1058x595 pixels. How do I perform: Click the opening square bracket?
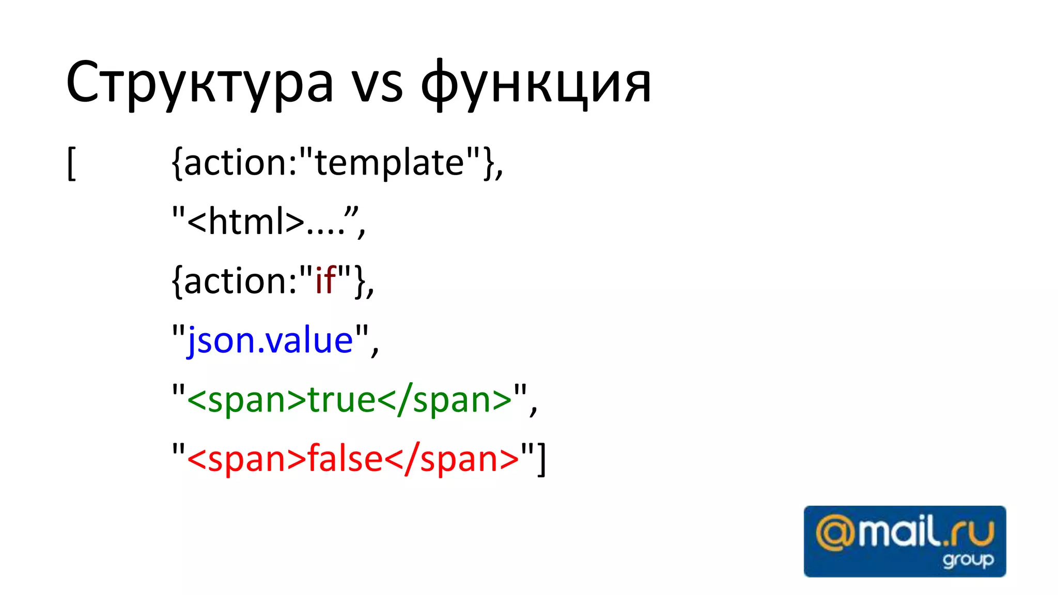72,163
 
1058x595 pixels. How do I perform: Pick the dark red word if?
326,281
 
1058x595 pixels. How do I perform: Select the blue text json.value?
270,341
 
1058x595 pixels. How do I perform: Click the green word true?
341,400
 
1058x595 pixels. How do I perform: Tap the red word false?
345,459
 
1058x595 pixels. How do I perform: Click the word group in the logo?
968,560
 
